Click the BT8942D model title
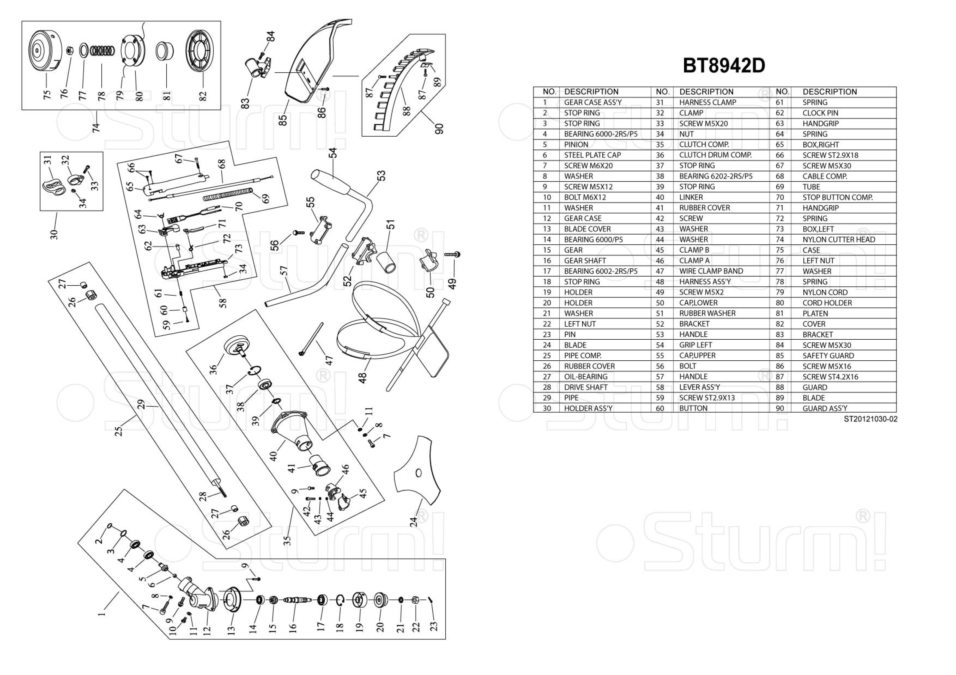(x=724, y=66)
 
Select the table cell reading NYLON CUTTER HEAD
(x=839, y=240)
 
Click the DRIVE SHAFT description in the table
(x=585, y=387)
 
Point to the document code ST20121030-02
(x=870, y=419)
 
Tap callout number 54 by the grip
(x=332, y=153)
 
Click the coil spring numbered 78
(x=102, y=51)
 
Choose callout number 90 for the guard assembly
(x=439, y=128)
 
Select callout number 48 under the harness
(x=362, y=378)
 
